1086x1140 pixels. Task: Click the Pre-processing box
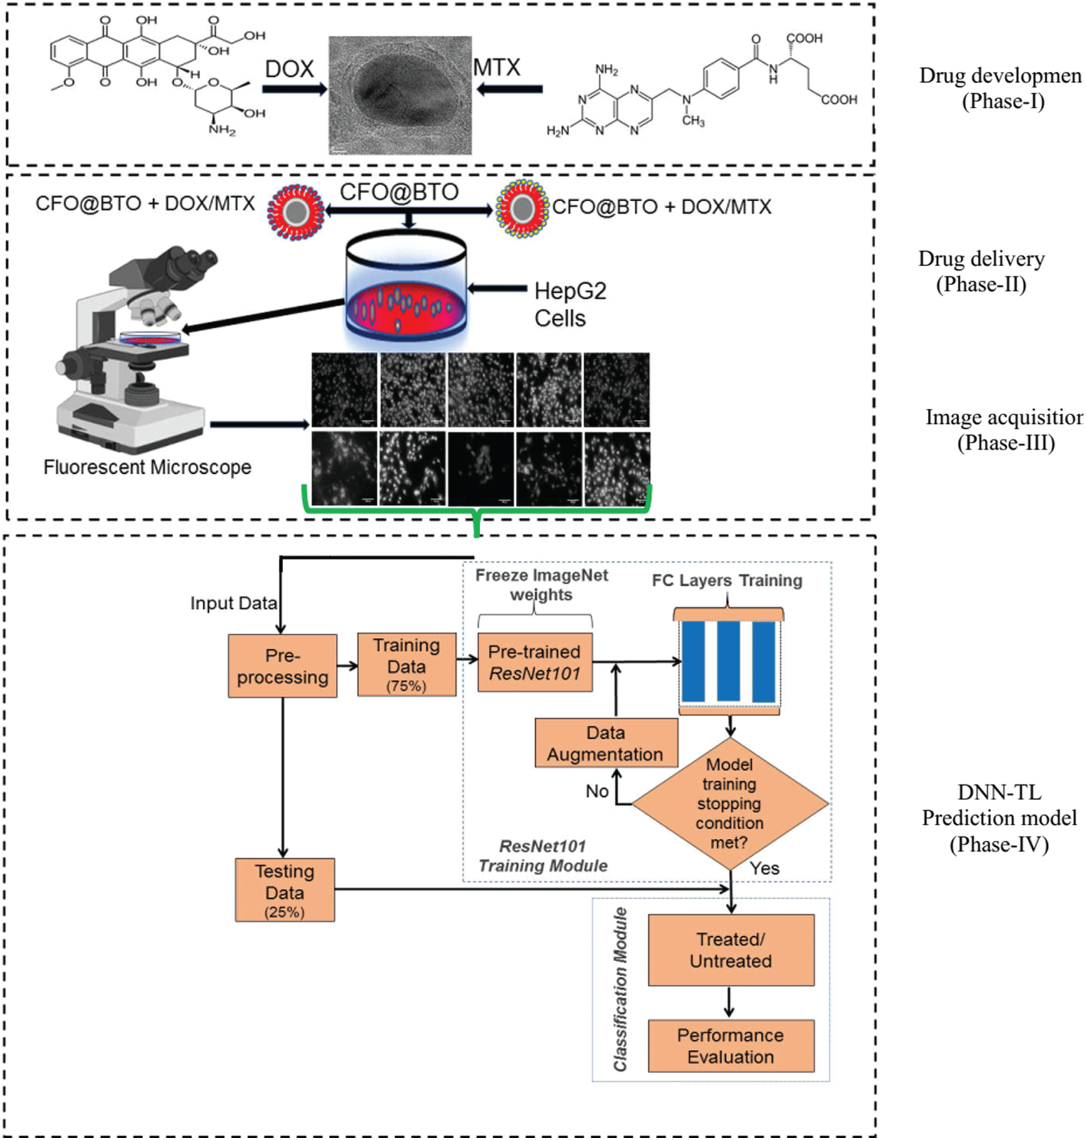point(283,666)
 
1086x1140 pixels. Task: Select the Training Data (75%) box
point(406,664)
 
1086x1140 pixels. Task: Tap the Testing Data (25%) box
point(284,889)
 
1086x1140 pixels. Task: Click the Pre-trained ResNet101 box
point(535,662)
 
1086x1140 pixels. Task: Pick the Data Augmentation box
point(605,743)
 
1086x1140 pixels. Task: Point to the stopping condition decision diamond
point(730,803)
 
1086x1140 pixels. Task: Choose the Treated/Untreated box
point(731,950)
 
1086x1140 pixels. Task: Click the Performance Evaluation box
point(731,1046)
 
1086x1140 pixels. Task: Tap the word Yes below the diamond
point(765,868)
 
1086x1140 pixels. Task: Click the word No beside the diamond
point(597,791)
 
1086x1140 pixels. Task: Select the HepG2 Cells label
point(570,304)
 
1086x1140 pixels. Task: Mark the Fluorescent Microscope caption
point(148,467)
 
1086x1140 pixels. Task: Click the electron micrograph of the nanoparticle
point(400,95)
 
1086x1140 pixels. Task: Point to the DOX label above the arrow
point(289,69)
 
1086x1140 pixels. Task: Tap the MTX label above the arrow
point(496,67)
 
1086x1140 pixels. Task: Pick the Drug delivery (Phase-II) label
point(981,271)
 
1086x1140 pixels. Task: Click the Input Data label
point(233,603)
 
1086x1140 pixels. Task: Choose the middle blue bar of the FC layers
point(728,661)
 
